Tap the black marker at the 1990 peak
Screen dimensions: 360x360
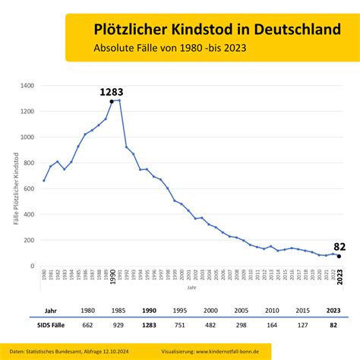point(112,101)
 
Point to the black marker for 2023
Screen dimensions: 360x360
point(339,257)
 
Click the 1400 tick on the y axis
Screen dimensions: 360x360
point(26,86)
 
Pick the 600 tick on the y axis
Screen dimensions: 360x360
point(28,188)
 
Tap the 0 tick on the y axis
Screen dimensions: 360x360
point(32,266)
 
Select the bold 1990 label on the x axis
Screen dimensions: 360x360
point(112,277)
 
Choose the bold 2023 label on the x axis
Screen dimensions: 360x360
point(339,277)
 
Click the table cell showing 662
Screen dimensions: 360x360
point(87,325)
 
